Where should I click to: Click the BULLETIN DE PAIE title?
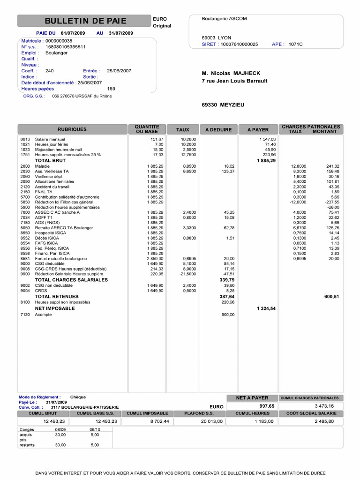pyautogui.click(x=85, y=21)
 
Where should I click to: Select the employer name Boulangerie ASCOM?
pyautogui.click(x=224, y=19)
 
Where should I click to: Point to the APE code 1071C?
pyautogui.click(x=295, y=44)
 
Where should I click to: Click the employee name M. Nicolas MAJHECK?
pyautogui.click(x=231, y=73)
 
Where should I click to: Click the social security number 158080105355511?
pyautogui.click(x=65, y=47)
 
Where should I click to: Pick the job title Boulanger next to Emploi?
pyautogui.click(x=56, y=53)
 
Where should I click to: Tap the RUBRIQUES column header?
pyautogui.click(x=72, y=129)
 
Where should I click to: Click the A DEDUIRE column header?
pyautogui.click(x=218, y=129)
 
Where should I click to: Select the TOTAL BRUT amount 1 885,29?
pyautogui.click(x=266, y=160)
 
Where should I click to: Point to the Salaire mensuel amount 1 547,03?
pyautogui.click(x=267, y=139)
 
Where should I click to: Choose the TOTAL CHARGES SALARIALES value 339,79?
pyautogui.click(x=226, y=280)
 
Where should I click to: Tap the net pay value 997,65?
pyautogui.click(x=267, y=406)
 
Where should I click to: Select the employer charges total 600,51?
pyautogui.click(x=331, y=297)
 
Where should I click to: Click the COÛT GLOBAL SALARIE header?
pyautogui.click(x=311, y=413)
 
